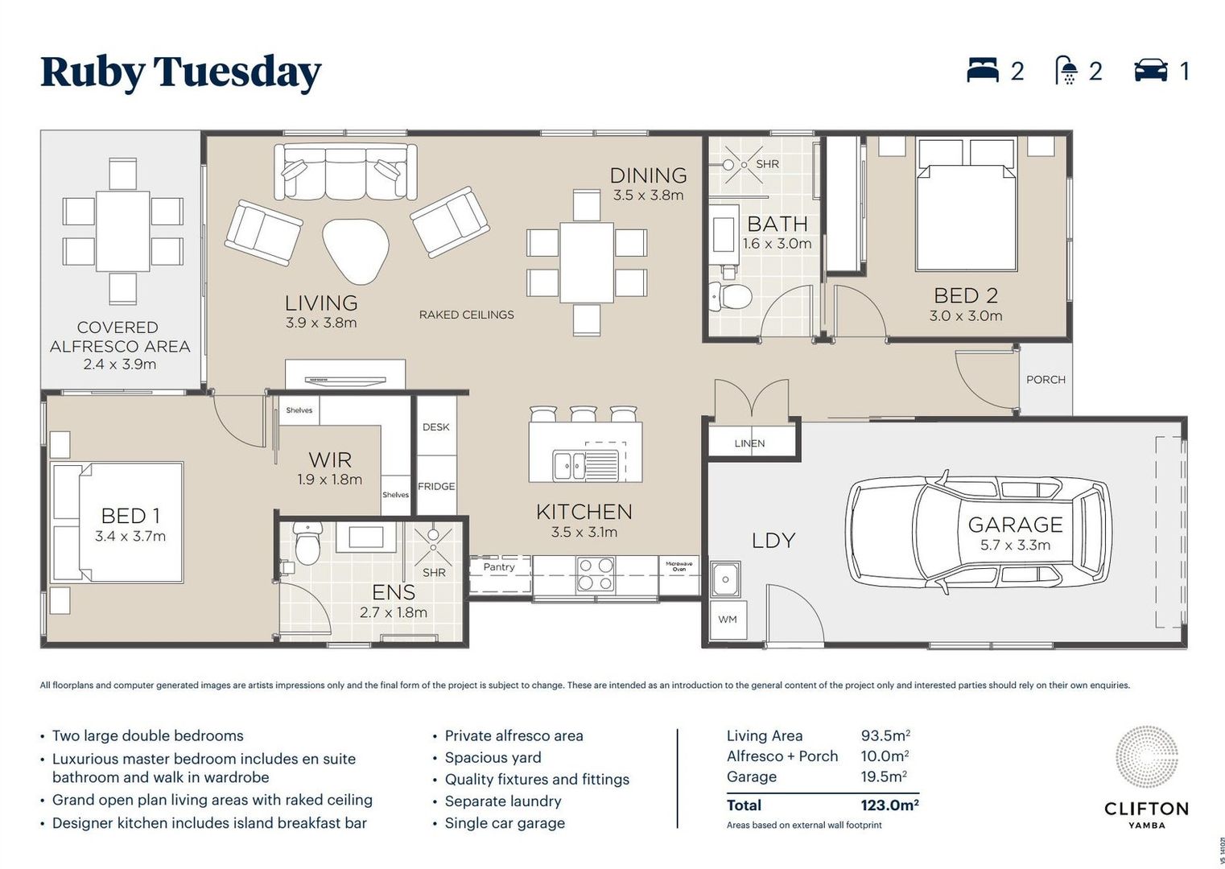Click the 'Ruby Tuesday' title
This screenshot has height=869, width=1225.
click(180, 72)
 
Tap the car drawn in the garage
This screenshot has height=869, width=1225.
click(979, 532)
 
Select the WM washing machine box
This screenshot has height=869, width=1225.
click(728, 620)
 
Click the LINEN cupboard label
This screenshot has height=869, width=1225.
click(749, 443)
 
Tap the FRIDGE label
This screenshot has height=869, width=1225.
click(436, 486)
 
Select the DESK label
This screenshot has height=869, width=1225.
click(435, 427)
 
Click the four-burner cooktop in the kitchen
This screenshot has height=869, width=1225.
click(596, 574)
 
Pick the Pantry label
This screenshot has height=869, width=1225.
click(499, 566)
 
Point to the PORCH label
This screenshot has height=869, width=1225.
click(1046, 380)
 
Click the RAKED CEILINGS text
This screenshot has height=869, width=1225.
click(466, 315)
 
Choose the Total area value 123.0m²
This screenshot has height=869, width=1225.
click(889, 805)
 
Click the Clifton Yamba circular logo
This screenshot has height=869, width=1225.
click(1146, 757)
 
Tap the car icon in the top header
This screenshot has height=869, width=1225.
click(1151, 71)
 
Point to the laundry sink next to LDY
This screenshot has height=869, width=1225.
click(726, 579)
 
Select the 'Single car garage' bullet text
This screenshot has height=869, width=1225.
click(505, 823)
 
